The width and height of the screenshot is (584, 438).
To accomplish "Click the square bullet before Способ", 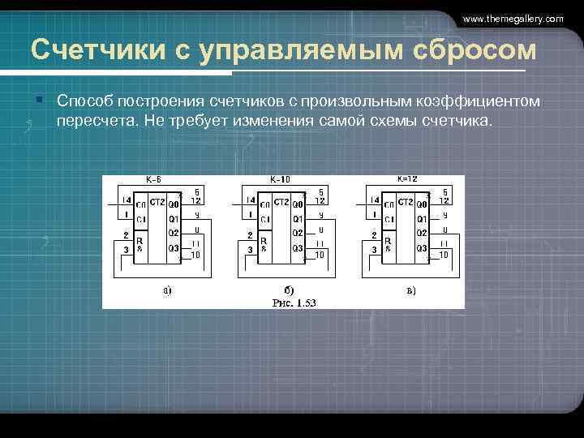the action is tap(39, 100).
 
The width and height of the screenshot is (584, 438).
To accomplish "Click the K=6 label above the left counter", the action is tap(153, 180).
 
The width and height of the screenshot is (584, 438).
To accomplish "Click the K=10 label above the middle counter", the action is tap(280, 180).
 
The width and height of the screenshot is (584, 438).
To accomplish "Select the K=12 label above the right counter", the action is tap(406, 179).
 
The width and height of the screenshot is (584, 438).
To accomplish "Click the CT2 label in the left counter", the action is tap(158, 202).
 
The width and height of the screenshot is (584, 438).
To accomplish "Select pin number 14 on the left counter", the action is tap(126, 200).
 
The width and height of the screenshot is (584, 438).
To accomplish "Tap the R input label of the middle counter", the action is tap(263, 241).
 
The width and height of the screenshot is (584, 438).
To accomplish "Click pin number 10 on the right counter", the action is tap(443, 254).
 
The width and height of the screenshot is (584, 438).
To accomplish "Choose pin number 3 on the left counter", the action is tap(126, 251).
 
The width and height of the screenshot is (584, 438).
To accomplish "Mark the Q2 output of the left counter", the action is tap(174, 233).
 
